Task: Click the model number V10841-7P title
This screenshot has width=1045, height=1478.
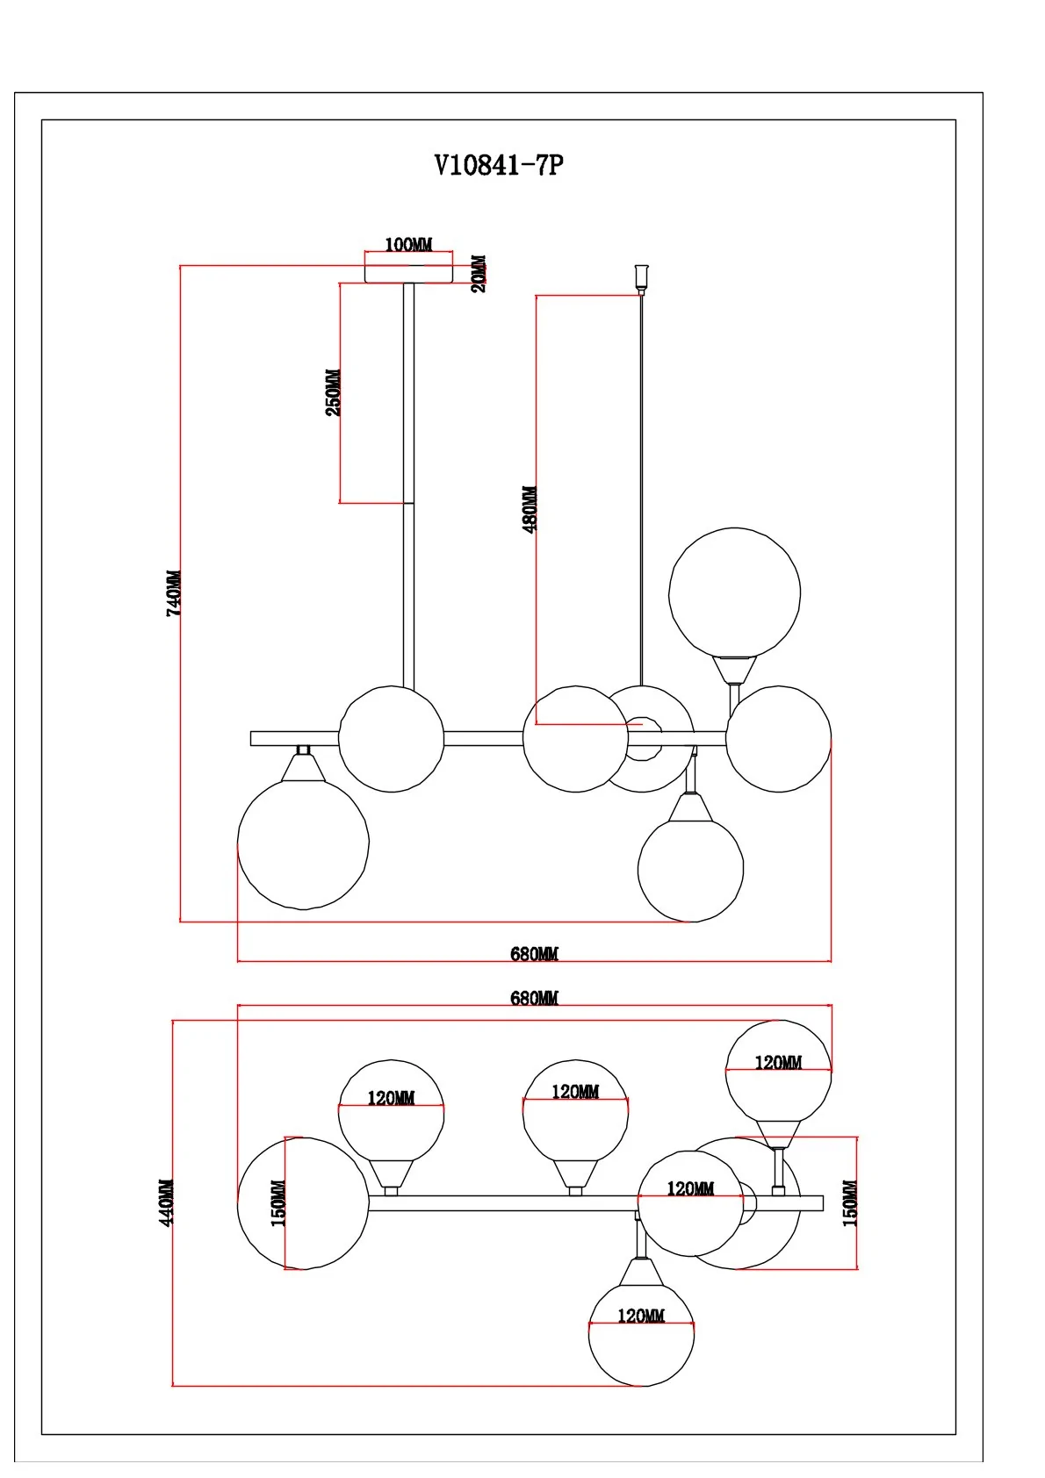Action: pos(499,165)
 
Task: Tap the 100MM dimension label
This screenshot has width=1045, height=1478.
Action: pos(408,245)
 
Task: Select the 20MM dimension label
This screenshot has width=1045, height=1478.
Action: pos(479,273)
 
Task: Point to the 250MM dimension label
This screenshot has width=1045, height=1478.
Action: pos(334,392)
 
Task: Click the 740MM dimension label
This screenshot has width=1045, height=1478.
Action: pos(174,593)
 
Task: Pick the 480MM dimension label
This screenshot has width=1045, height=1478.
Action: pos(530,509)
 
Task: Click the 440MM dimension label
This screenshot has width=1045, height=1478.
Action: pos(167,1202)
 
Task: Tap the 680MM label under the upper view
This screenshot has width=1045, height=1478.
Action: pos(534,953)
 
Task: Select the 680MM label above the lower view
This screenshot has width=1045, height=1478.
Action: pos(534,998)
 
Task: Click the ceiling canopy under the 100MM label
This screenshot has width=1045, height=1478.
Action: pos(408,273)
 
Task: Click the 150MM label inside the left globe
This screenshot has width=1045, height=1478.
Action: pos(278,1203)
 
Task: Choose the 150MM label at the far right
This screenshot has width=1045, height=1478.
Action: pos(850,1202)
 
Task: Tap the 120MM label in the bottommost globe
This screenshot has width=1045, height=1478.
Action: pos(641,1316)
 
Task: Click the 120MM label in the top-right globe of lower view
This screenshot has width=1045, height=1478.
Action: pos(778,1062)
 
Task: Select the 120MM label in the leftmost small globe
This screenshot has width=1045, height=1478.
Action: pos(391,1098)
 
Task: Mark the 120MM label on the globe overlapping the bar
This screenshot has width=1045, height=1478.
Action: pos(690,1188)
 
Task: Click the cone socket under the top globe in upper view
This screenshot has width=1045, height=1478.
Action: pos(734,671)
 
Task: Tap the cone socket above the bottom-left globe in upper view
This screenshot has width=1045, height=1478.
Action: pos(303,768)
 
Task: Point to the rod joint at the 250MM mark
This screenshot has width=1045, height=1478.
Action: pos(408,503)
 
